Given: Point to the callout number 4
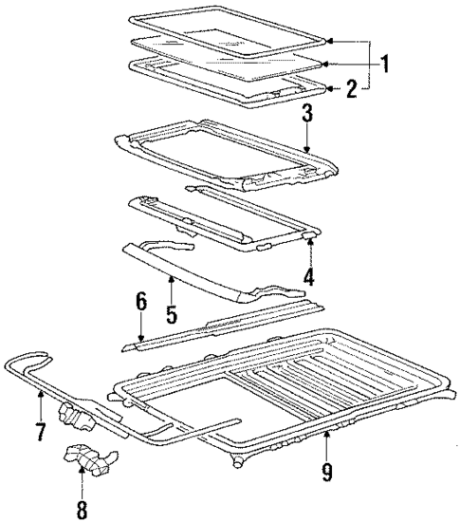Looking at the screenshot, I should (x=308, y=278).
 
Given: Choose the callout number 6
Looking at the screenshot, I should (x=141, y=301).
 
